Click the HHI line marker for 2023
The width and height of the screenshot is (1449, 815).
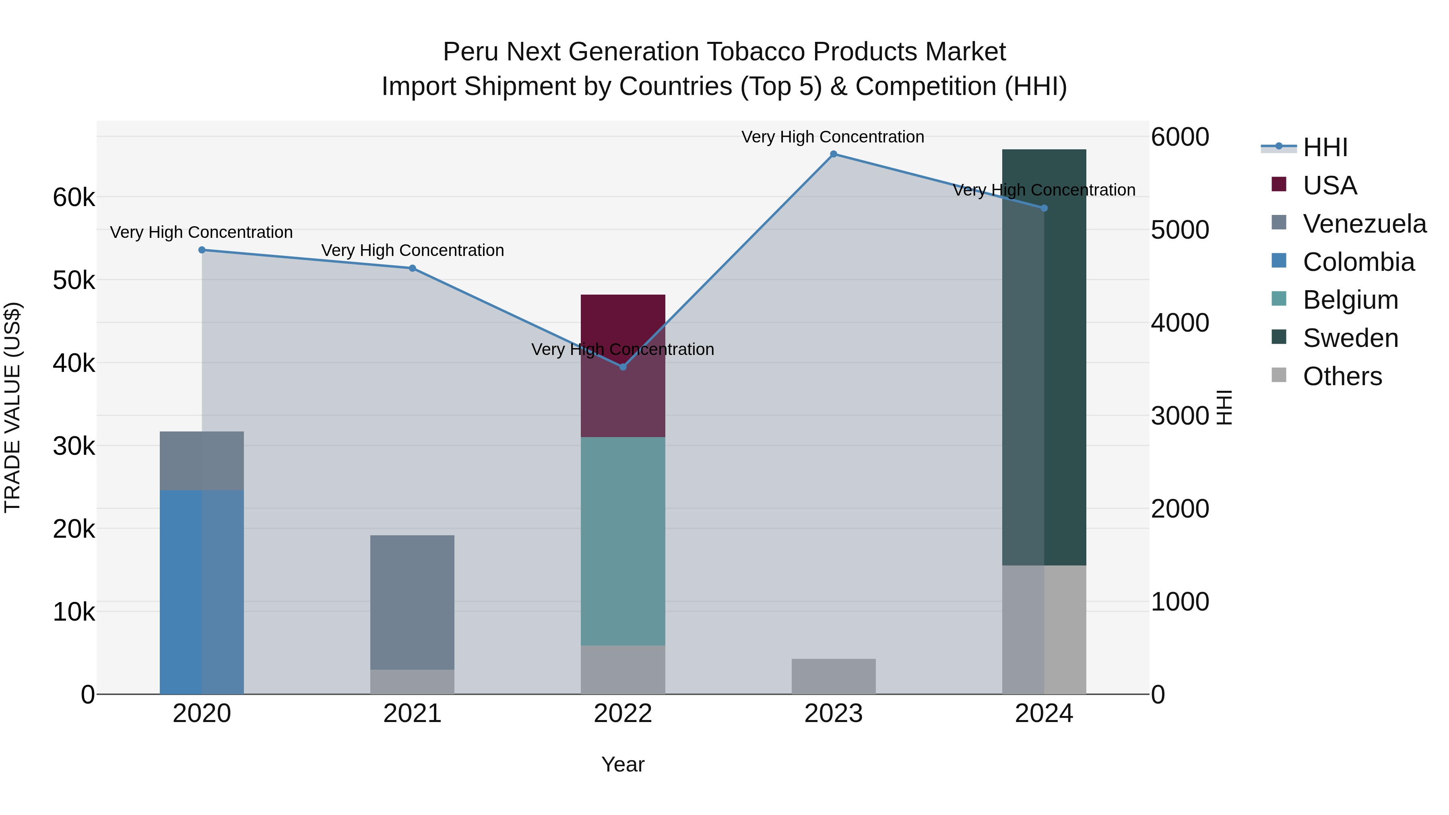coord(833,154)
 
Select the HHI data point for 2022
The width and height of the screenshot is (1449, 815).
coord(623,367)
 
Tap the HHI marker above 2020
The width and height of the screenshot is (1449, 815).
coord(202,250)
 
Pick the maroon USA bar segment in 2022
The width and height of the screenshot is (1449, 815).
coord(623,365)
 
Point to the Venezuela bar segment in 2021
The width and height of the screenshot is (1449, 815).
coord(412,602)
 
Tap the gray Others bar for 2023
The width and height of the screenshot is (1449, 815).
coord(833,676)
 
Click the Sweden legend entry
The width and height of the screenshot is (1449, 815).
coord(1350,338)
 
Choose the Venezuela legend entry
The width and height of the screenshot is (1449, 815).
coord(1364,224)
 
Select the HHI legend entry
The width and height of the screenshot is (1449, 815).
coord(1325,147)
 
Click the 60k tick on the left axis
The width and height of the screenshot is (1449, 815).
coord(74,198)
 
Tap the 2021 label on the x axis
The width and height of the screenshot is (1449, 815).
coord(412,714)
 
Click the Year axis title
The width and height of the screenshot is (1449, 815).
coord(623,764)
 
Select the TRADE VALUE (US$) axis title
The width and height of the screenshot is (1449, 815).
coord(12,407)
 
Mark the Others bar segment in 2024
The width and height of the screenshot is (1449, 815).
coord(1044,629)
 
